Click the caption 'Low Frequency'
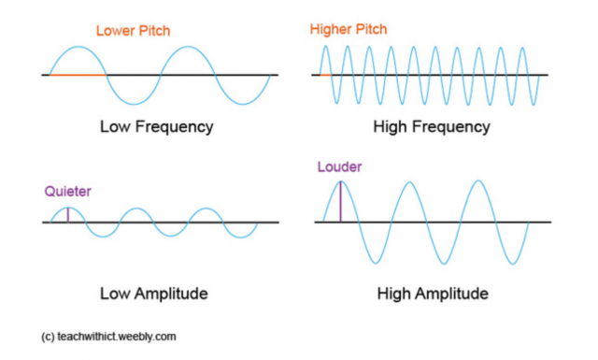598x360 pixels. (x=156, y=125)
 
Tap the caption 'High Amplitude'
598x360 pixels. (x=433, y=294)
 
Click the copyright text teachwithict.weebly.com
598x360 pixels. (x=109, y=335)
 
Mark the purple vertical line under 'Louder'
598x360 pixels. (x=340, y=202)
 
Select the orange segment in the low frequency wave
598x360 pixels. (x=77, y=74)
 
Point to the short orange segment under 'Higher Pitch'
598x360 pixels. (x=325, y=74)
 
